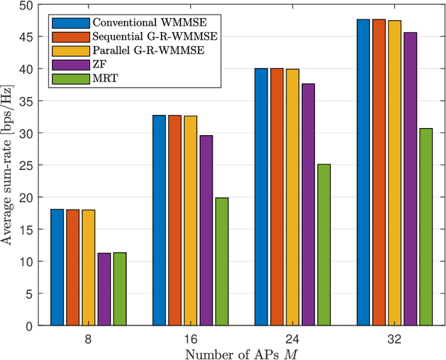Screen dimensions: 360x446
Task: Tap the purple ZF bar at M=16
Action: point(206,230)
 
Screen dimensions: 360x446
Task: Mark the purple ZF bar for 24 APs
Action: point(307,205)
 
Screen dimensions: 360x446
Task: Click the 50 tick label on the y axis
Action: point(25,6)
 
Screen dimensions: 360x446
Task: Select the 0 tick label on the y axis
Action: point(28,326)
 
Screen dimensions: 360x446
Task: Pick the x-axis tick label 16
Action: point(190,339)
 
